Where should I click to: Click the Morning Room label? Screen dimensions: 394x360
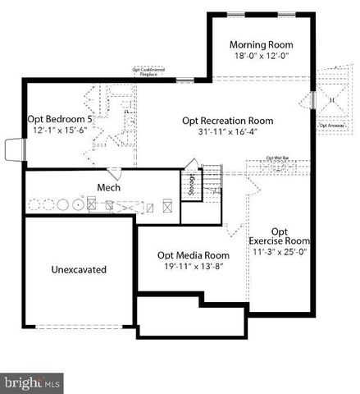(x=261, y=44)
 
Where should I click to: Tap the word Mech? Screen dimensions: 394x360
(x=108, y=188)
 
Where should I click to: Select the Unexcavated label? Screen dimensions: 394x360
(x=79, y=269)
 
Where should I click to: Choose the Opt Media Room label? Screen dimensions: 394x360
(x=193, y=255)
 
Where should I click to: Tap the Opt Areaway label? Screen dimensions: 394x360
(x=330, y=126)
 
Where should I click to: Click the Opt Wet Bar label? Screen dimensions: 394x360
(x=276, y=157)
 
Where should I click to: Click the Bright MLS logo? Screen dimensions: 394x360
(x=33, y=383)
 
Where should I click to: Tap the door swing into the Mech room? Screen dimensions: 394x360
(x=114, y=173)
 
